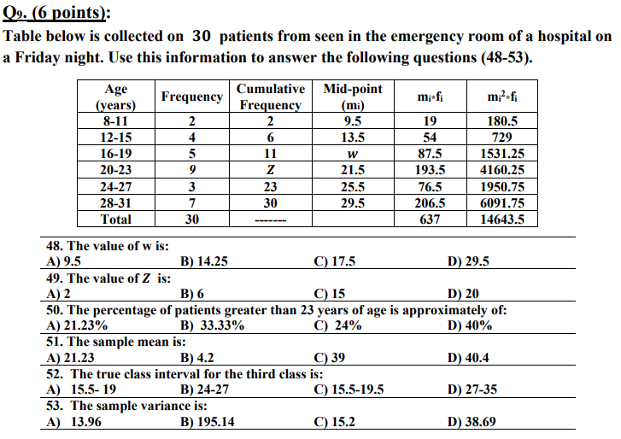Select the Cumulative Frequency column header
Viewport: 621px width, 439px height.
pos(270,97)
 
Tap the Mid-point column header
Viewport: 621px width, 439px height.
pos(353,97)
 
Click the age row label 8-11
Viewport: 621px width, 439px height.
pos(115,121)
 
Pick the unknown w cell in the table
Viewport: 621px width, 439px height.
pos(353,154)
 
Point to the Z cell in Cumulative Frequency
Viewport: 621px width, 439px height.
pos(270,170)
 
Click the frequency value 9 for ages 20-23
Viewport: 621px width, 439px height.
pos(193,170)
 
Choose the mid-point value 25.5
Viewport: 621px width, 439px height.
pos(353,186)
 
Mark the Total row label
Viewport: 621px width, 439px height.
pos(115,219)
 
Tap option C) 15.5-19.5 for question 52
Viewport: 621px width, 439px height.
pos(349,389)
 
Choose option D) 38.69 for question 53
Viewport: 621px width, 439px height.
pos(472,421)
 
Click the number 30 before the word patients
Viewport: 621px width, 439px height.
pos(201,37)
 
